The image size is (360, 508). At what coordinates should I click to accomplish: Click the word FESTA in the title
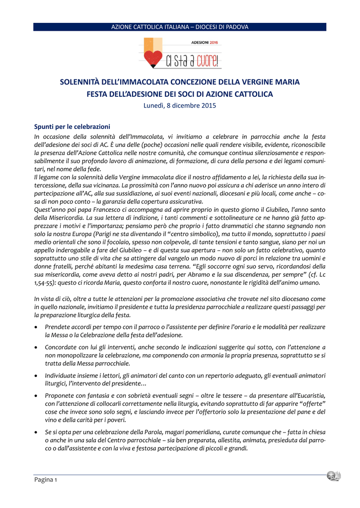[x=98, y=94]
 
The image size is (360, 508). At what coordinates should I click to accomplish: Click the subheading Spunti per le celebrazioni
[x=72, y=127]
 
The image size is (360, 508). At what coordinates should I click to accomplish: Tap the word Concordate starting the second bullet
[x=63, y=347]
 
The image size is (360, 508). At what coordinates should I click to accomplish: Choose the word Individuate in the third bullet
[x=62, y=376]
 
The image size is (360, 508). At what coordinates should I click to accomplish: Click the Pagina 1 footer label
[x=46, y=480]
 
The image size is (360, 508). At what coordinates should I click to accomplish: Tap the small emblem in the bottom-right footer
[x=333, y=476]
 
